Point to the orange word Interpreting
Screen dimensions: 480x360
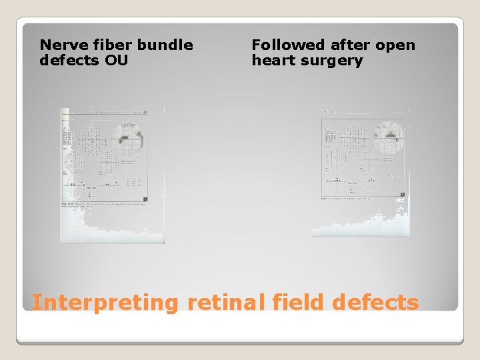pos(105,303)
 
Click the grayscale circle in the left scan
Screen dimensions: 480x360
pos(127,139)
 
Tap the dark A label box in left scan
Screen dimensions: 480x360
pos(145,199)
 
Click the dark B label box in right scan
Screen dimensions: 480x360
pos(401,195)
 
